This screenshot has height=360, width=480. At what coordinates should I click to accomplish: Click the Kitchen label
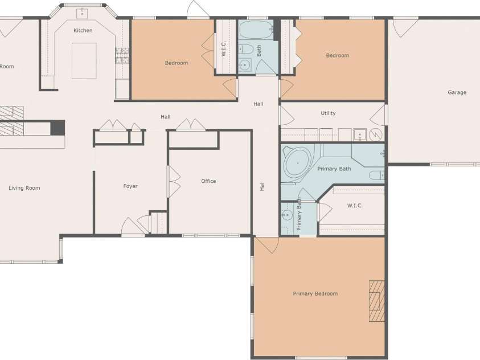[x=83, y=30]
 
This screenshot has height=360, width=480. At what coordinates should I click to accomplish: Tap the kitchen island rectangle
[x=84, y=61]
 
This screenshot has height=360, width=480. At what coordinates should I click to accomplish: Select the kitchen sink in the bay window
[x=82, y=14]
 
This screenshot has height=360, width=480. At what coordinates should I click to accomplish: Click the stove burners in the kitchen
[x=122, y=55]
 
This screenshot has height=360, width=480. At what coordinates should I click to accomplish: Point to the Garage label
[x=457, y=92]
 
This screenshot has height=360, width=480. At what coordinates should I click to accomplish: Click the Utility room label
[x=328, y=113]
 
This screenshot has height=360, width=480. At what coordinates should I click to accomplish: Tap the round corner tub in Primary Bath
[x=298, y=163]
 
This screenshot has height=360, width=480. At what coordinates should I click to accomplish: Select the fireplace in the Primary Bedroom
[x=376, y=301]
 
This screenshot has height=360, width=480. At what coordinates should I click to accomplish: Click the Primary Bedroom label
[x=315, y=293]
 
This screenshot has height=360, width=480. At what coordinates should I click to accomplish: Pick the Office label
[x=208, y=181]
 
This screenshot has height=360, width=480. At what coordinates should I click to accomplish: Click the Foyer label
[x=130, y=186]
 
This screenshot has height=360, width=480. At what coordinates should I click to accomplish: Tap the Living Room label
[x=24, y=188]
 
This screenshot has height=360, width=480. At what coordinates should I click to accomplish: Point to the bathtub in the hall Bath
[x=256, y=30]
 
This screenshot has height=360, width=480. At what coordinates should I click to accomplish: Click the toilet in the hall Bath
[x=245, y=49]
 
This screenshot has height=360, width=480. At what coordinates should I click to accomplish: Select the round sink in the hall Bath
[x=245, y=65]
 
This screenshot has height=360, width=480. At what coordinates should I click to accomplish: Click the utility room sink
[x=360, y=134]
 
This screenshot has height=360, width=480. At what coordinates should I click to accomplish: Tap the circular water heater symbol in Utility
[x=376, y=134]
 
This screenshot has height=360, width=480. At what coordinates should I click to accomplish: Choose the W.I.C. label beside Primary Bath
[x=355, y=206]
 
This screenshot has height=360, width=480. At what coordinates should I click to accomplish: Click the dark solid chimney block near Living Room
[x=58, y=128]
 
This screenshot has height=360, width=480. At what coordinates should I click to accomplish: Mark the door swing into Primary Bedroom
[x=267, y=244]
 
